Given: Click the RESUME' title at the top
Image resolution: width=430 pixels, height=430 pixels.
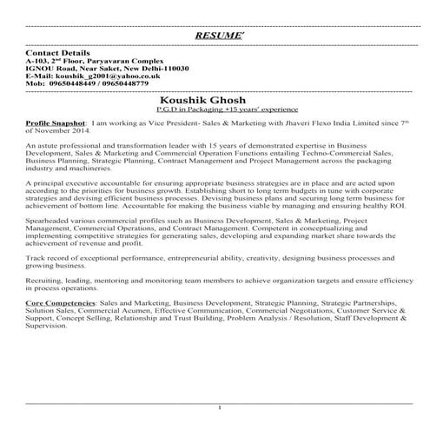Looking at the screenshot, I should [215, 36].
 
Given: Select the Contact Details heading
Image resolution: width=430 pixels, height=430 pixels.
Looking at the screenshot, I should [58, 53].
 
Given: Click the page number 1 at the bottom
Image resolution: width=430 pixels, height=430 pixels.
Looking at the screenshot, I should [221, 407].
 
